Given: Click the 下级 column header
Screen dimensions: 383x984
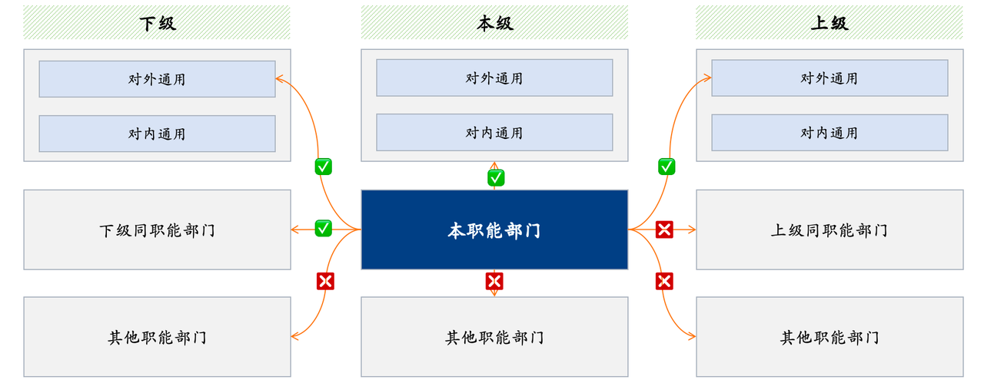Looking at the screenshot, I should [x=157, y=23].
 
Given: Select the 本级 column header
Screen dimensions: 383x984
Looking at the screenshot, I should [x=494, y=23].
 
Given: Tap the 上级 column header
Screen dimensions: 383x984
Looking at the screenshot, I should [x=829, y=23].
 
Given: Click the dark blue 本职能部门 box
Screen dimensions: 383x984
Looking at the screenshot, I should [x=494, y=229].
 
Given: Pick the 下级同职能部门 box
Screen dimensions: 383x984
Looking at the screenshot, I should [x=157, y=229].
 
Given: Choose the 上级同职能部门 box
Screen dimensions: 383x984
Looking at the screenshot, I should [x=829, y=229].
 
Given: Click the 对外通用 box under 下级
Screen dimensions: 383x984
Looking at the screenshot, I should [x=157, y=79].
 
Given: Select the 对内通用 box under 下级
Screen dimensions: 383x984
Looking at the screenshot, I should [x=157, y=134].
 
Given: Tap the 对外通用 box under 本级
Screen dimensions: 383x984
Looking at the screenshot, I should [x=494, y=78].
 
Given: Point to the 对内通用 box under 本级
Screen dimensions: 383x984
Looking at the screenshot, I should [x=494, y=132].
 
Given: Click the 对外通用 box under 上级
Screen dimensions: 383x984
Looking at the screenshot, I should [x=829, y=78].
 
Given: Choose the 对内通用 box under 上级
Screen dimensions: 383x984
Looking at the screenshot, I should [x=829, y=132].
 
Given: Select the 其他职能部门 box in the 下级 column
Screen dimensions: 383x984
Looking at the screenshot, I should [x=157, y=337].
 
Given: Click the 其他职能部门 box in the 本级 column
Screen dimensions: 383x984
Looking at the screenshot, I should [x=494, y=337].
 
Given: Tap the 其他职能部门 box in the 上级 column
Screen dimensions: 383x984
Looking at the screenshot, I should [x=829, y=337].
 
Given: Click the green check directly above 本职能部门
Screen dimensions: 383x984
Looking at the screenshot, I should [x=496, y=178].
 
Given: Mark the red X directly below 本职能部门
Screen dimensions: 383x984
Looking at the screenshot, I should [x=494, y=281].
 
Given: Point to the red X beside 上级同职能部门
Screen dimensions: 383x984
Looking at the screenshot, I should [x=664, y=229].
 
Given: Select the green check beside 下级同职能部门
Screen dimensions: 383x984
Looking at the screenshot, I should [x=324, y=228].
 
